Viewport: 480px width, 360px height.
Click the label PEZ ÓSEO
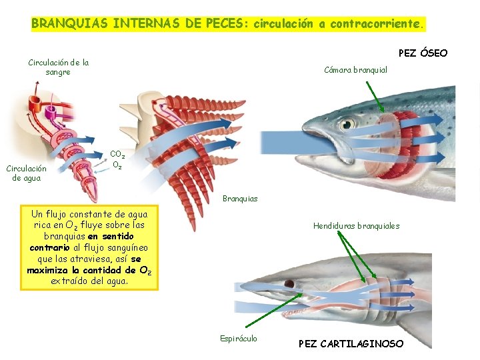pos(423,53)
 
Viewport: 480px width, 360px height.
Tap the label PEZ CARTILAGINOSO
pos(351,344)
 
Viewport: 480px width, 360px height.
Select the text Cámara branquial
pos(355,70)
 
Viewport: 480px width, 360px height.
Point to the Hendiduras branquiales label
pos(356,226)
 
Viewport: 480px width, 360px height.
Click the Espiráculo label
pos(239,338)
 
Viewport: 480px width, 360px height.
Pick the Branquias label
pos(240,199)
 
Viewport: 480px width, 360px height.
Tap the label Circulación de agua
pos(26,173)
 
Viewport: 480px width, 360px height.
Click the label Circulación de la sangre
pos(58,67)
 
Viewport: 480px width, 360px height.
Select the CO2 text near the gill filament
pos(117,154)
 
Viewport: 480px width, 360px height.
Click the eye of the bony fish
pos(347,124)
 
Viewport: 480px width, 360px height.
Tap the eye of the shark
pos(290,284)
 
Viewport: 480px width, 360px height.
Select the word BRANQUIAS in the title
pos(70,23)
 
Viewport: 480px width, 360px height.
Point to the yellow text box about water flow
pos(89,247)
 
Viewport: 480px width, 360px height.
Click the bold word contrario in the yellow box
pos(48,247)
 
